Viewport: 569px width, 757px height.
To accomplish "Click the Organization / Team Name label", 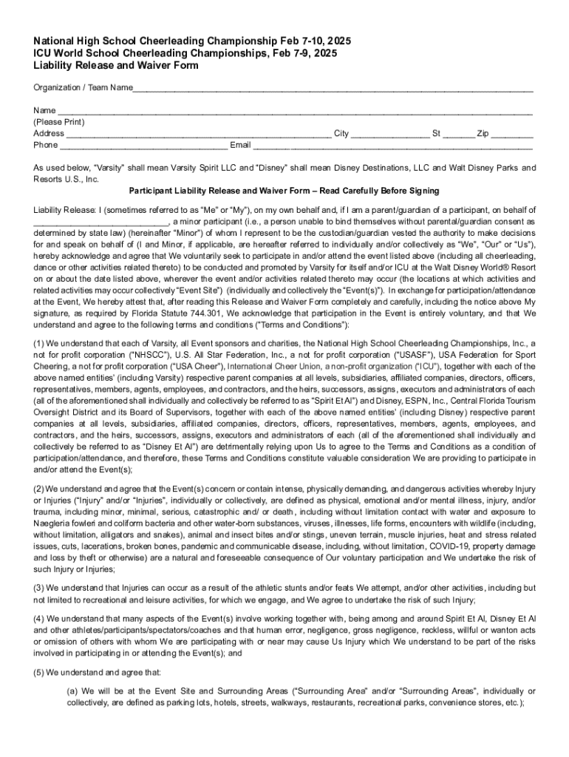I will point(72,89).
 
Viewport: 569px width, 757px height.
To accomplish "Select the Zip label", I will point(483,134).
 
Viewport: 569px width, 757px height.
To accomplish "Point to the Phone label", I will point(46,145).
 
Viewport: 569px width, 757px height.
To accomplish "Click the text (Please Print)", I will point(59,123).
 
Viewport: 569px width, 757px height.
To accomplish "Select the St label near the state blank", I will point(437,134).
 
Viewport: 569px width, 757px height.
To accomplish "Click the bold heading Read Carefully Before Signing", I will point(388,191).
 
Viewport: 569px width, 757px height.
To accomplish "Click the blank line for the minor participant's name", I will point(100,221).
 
